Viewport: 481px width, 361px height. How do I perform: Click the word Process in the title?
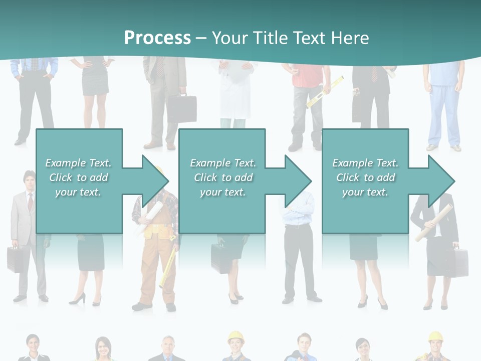157,38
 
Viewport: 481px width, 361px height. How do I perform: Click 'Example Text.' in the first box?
78,163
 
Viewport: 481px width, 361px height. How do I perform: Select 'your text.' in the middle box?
222,192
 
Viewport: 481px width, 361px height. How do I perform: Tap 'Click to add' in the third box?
366,177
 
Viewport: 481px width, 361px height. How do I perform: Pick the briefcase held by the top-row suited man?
181,107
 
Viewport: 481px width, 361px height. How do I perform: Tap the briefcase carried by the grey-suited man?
15,259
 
